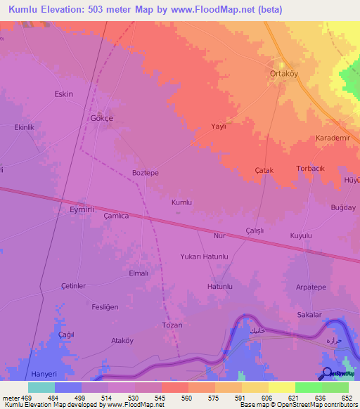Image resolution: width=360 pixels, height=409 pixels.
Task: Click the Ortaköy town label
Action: [x=287, y=72]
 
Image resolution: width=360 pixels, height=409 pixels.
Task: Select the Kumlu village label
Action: [x=181, y=202]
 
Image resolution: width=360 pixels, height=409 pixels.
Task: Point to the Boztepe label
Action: [x=146, y=173]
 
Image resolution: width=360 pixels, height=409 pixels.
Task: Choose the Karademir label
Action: [x=332, y=138]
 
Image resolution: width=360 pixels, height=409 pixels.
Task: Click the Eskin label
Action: [x=64, y=93]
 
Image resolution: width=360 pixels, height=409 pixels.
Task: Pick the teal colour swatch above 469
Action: [x=41, y=387]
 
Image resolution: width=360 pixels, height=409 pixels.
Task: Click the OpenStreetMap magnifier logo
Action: [x=326, y=375]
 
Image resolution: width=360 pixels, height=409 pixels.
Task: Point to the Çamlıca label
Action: [x=116, y=216]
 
